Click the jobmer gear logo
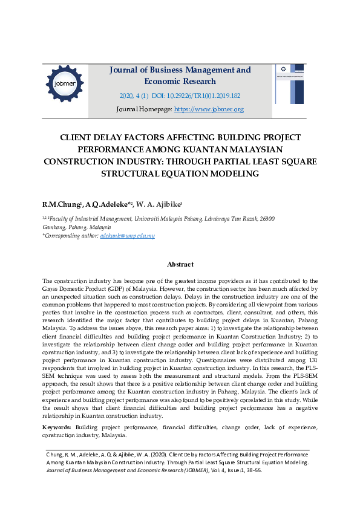point(64,83)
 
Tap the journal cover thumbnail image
point(290,84)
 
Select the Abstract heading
point(180,264)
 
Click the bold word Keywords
point(57,427)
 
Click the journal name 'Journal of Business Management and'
point(180,70)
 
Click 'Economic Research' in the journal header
point(180,82)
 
